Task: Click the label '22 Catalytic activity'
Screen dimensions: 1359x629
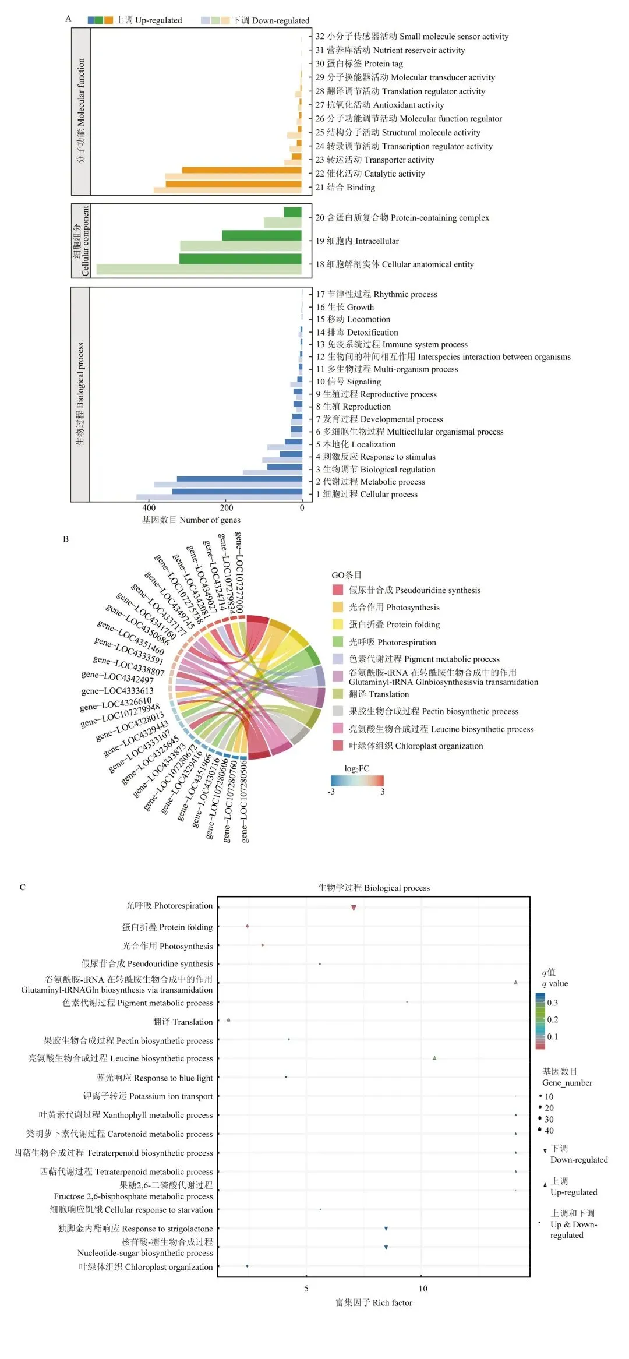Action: click(x=370, y=174)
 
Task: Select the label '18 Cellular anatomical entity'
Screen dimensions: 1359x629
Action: click(x=394, y=264)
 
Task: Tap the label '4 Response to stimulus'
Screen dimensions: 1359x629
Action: click(x=376, y=457)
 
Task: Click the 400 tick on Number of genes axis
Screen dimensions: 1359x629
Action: click(x=149, y=507)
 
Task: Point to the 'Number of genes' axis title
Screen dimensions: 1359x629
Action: click(x=191, y=520)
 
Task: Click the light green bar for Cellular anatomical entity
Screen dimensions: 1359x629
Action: click(x=199, y=269)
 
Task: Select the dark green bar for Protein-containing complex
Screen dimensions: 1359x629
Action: click(x=292, y=212)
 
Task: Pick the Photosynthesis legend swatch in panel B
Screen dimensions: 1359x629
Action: click(x=338, y=607)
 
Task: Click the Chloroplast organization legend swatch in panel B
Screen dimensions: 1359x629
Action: click(x=338, y=746)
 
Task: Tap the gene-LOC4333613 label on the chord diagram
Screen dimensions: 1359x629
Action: click(x=117, y=691)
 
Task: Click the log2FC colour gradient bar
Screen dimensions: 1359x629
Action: click(x=357, y=781)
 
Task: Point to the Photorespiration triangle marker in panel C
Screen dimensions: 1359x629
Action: click(x=354, y=908)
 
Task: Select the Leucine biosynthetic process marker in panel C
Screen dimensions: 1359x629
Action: click(x=434, y=1058)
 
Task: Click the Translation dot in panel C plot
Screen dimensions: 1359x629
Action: click(x=228, y=1021)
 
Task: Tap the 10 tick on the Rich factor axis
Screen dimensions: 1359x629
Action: click(x=423, y=1289)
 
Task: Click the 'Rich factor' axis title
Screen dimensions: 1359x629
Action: click(x=373, y=1302)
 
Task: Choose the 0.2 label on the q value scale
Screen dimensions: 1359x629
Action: click(x=552, y=1019)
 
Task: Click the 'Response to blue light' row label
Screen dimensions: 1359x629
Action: click(x=154, y=1078)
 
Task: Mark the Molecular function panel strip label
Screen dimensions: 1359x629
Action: click(x=81, y=111)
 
